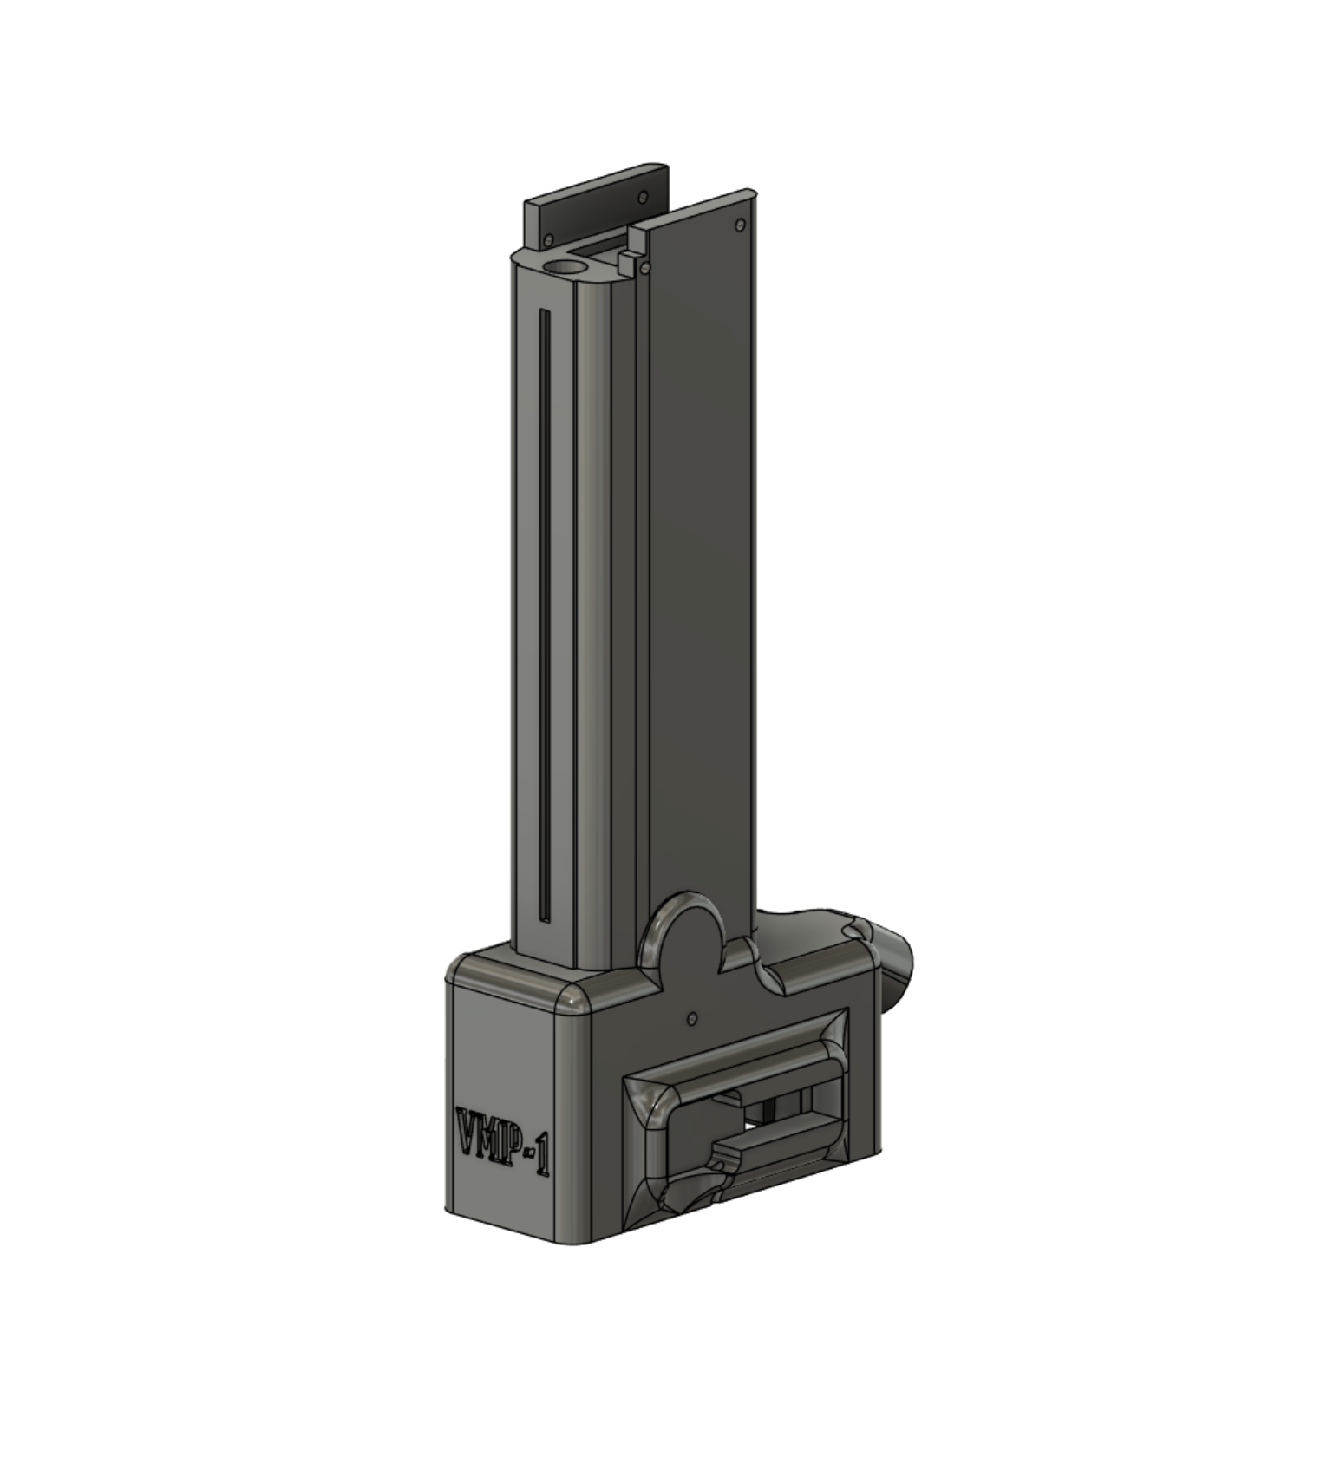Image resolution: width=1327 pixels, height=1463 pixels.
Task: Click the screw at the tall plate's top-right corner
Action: click(x=739, y=225)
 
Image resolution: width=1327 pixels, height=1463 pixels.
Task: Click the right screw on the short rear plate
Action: click(x=643, y=197)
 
